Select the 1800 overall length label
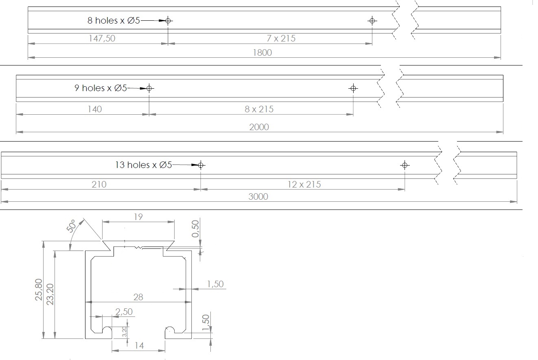[x=262, y=52]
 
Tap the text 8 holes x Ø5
[x=114, y=20]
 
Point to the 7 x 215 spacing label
[x=281, y=39]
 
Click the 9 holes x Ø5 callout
[x=101, y=88]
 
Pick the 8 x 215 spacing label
[x=259, y=109]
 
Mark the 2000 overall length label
[x=259, y=127]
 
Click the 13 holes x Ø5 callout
[x=144, y=165]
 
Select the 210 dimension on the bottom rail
[x=99, y=184]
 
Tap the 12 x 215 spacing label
[x=304, y=184]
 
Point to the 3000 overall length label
[x=258, y=197]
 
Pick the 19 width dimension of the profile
[x=138, y=217]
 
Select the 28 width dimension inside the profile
[x=138, y=297]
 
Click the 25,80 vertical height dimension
[x=39, y=290]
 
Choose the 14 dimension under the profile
[x=139, y=346]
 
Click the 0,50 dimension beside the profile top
[x=195, y=229]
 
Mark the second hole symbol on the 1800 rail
[x=372, y=21]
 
